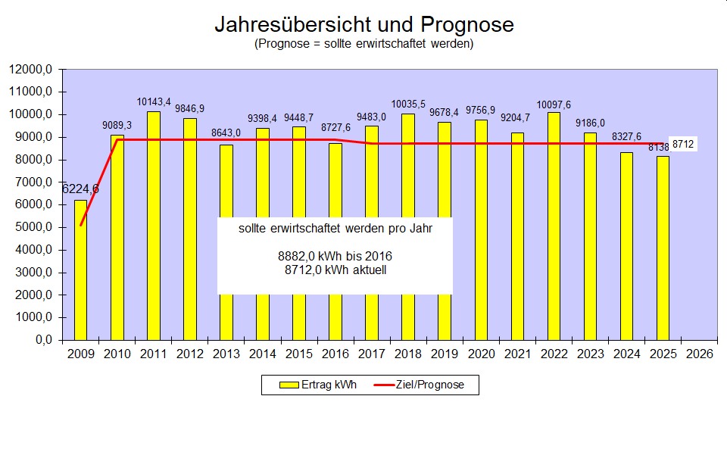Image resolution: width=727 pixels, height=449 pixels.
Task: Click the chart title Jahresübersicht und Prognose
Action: (363, 24)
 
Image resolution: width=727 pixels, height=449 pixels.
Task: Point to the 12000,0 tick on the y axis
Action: (31, 70)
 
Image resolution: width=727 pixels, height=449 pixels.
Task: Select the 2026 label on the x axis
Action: (699, 354)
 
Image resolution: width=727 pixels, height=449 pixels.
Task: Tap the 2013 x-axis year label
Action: (226, 354)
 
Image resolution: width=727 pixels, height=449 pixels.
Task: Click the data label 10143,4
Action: (154, 101)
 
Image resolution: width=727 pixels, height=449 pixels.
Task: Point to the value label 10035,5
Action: (408, 104)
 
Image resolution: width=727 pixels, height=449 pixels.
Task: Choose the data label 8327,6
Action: (626, 136)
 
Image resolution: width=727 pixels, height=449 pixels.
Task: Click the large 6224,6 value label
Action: (80, 189)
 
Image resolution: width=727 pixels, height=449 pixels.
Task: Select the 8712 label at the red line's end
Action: (683, 144)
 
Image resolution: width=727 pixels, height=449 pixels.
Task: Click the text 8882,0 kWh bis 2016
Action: (335, 256)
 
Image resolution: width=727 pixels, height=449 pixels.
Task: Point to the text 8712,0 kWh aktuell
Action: (335, 269)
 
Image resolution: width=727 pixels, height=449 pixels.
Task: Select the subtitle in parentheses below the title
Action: (363, 44)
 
